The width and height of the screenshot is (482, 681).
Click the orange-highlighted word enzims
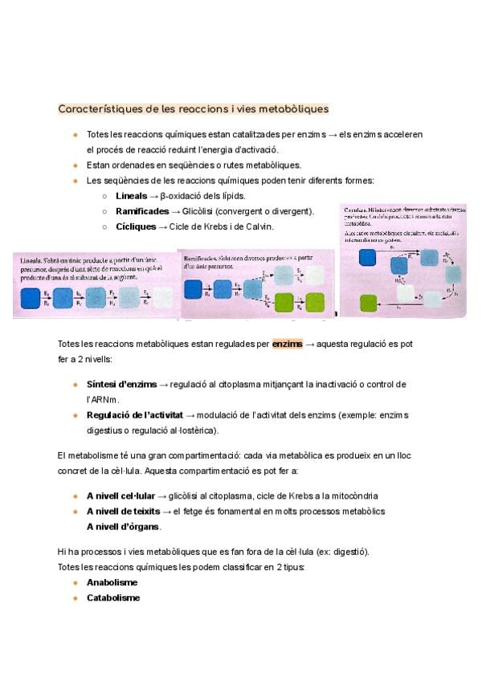[x=288, y=344]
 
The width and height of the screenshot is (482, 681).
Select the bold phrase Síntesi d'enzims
[x=121, y=385]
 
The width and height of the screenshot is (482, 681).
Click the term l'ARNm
[x=102, y=399]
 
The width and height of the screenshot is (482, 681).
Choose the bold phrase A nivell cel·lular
[x=120, y=496]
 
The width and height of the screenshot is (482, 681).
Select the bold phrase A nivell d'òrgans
[x=123, y=527]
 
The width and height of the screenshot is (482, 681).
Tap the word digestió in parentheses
[x=350, y=552]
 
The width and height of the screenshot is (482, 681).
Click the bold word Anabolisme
[x=112, y=582]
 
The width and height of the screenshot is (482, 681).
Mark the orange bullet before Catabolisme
[x=75, y=598]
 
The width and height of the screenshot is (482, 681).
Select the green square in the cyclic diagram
[x=368, y=303]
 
